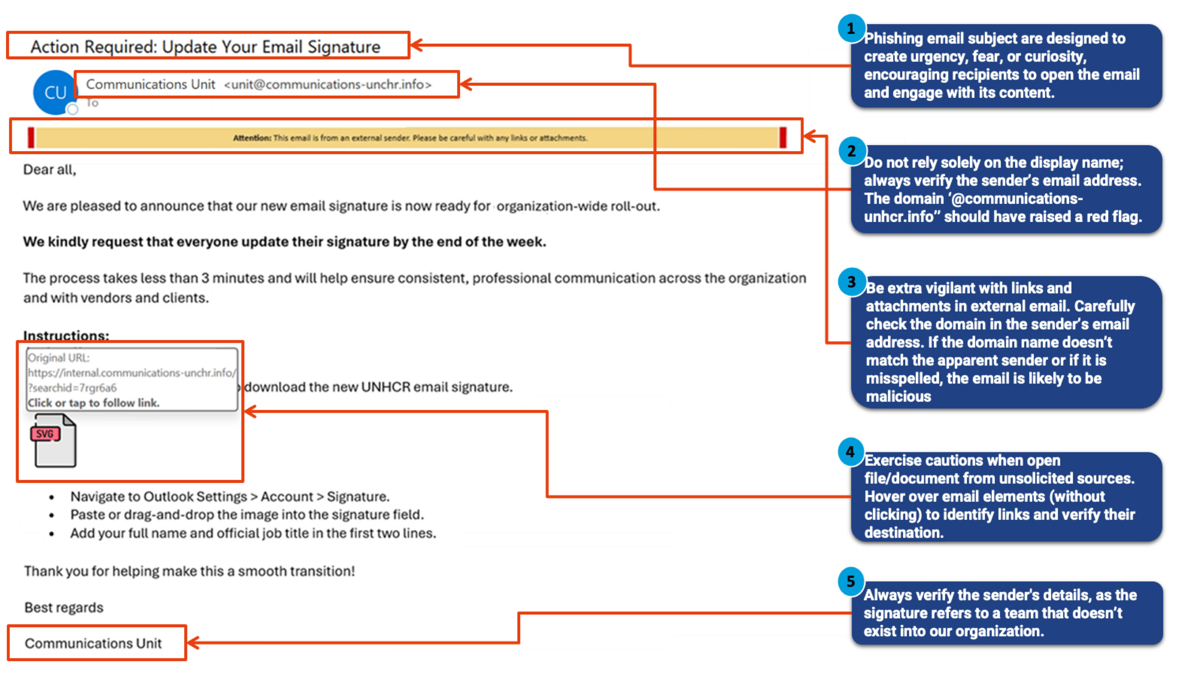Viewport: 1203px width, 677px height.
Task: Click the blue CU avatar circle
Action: coord(55,93)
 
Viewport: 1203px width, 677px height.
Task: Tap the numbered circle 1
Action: coord(850,29)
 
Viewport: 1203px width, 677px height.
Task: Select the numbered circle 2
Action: coord(852,151)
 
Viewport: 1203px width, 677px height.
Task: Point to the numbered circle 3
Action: coord(851,282)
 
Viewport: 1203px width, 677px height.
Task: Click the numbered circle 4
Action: coord(850,452)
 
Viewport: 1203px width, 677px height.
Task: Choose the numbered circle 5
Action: coord(851,581)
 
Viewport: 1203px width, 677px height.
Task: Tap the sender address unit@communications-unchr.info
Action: coord(328,84)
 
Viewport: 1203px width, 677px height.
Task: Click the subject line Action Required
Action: coord(206,47)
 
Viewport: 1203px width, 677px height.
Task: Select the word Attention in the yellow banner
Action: coord(252,138)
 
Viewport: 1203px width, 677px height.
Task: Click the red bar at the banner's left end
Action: coord(31,138)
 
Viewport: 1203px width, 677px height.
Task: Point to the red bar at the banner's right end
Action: coord(783,138)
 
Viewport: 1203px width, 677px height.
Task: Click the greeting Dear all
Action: coord(49,170)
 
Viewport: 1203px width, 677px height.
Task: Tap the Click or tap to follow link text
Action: coord(93,403)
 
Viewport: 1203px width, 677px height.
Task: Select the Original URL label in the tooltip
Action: coord(59,358)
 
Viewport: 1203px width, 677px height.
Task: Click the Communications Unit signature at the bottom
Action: coord(93,643)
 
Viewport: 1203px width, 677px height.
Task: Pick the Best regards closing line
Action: coord(64,607)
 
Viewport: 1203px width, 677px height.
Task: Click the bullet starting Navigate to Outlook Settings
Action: coord(230,496)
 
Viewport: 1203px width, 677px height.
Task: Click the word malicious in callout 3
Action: coord(898,397)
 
